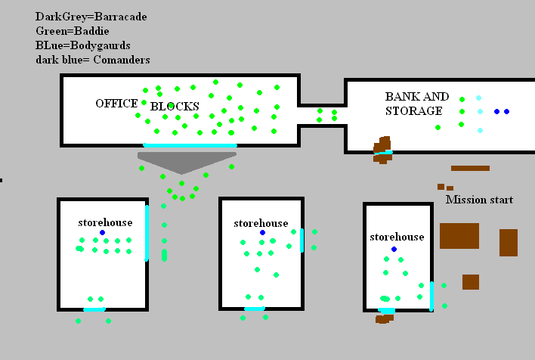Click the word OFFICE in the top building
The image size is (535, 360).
click(116, 104)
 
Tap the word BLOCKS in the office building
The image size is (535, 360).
click(175, 107)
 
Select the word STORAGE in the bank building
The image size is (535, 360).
click(413, 111)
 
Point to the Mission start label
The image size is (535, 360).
click(479, 200)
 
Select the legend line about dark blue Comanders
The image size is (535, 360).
click(92, 60)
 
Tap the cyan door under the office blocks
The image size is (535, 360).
click(190, 145)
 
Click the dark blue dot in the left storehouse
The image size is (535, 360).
click(102, 232)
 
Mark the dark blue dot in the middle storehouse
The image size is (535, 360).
click(262, 232)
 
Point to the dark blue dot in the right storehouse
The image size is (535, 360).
click(394, 249)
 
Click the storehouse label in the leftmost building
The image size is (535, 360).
click(105, 222)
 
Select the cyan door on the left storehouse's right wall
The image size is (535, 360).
click(147, 232)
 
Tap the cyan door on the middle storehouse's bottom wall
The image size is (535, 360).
click(255, 309)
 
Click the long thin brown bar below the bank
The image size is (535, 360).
click(470, 168)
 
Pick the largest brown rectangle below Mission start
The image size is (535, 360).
click(459, 236)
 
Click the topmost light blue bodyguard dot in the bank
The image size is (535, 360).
click(478, 98)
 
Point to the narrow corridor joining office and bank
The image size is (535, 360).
click(323, 115)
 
